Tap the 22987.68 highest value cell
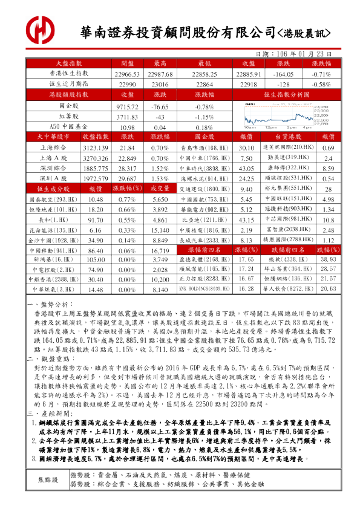160,73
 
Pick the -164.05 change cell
284,73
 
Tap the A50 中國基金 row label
62,128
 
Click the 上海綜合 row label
54,148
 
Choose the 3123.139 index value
95,148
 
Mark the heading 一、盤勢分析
51,305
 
